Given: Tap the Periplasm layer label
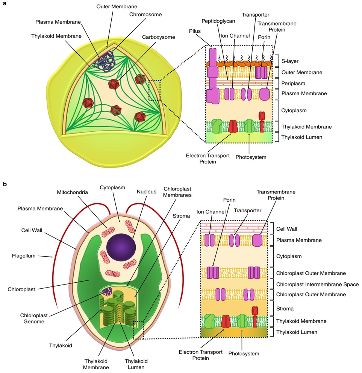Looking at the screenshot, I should [293, 83].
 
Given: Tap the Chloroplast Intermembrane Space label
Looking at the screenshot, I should [317, 284].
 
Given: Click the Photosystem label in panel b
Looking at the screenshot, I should [243, 354].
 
